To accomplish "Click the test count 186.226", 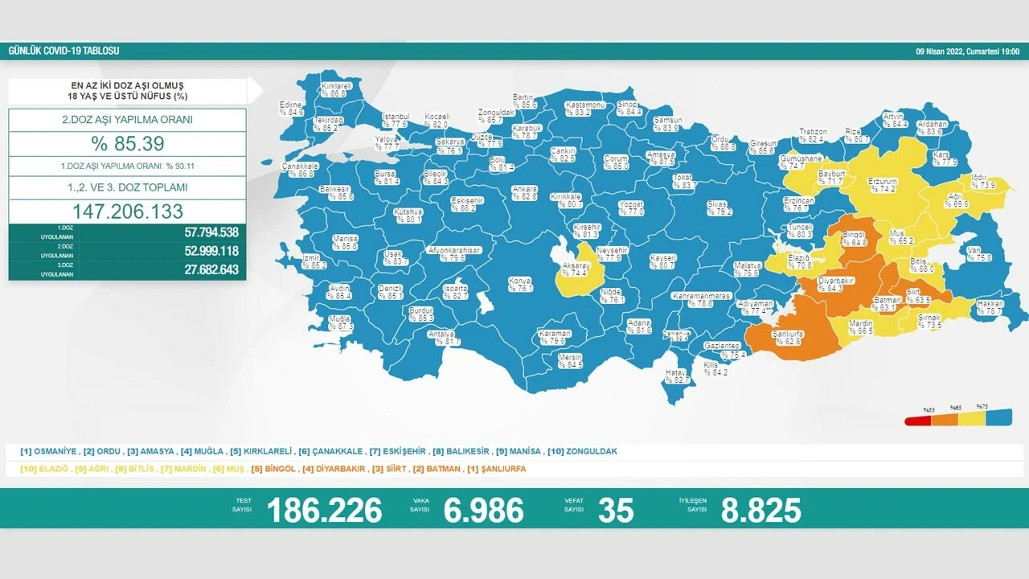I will point(324,510).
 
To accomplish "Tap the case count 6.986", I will point(483,510).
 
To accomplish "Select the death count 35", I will point(616,510).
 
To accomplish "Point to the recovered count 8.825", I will point(760,510).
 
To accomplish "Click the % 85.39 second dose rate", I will point(127,144).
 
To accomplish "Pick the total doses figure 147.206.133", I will point(127,211).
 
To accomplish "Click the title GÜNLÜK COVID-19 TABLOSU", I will point(64,51).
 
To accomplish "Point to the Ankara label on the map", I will point(524,191).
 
